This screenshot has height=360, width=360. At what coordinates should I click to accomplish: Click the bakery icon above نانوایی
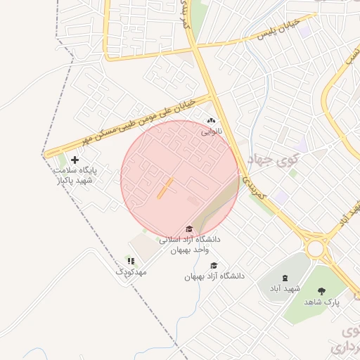(211, 121)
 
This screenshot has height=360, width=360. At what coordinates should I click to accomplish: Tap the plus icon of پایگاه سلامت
(75, 160)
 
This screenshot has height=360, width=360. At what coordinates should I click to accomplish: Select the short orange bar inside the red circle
(165, 187)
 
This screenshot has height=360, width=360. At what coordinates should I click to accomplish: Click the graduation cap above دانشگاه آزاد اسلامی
(188, 229)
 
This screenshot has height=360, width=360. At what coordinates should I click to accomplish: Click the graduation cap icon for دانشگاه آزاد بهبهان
(214, 266)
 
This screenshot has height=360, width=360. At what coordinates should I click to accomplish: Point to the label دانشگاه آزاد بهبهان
(214, 276)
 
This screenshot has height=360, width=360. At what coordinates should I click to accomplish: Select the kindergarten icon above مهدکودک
(130, 261)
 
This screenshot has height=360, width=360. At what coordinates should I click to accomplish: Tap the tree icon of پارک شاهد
(322, 291)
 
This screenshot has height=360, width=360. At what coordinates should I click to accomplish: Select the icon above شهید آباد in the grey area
(285, 278)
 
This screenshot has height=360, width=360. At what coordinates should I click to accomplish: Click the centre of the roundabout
(316, 248)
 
